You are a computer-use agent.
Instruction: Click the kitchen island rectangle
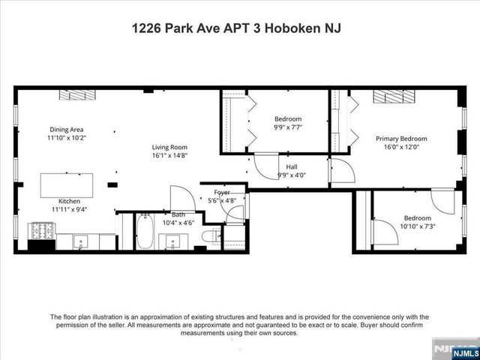(x=67, y=184)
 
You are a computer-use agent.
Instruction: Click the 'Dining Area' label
(x=66, y=129)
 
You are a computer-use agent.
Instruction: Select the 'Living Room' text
(x=169, y=147)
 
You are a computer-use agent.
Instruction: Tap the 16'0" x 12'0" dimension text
(x=401, y=148)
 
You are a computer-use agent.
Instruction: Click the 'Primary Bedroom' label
(x=401, y=139)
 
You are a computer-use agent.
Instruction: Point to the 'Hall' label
(x=292, y=167)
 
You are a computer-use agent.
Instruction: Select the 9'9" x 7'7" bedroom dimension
(x=287, y=127)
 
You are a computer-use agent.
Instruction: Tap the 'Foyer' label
(x=221, y=192)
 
